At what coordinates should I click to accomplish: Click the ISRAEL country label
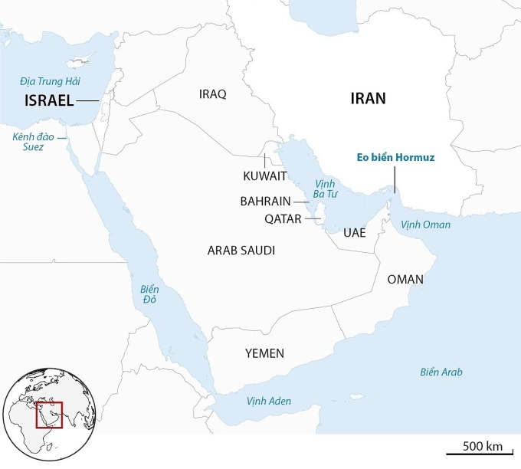pyautogui.click(x=49, y=100)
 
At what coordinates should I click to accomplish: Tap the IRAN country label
pyautogui.click(x=368, y=98)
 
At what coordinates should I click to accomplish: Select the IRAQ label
pyautogui.click(x=212, y=94)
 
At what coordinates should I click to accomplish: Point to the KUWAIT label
pyautogui.click(x=265, y=176)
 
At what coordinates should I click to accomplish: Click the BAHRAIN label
pyautogui.click(x=265, y=202)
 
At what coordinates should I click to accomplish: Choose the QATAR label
pyautogui.click(x=283, y=218)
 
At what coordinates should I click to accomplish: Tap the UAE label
pyautogui.click(x=355, y=232)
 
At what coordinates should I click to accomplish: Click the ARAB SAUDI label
pyautogui.click(x=241, y=251)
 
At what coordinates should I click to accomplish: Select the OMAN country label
pyautogui.click(x=405, y=279)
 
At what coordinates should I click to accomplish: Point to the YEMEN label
pyautogui.click(x=264, y=353)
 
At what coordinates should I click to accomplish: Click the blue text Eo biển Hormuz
pyautogui.click(x=396, y=158)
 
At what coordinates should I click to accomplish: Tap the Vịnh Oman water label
pyautogui.click(x=426, y=225)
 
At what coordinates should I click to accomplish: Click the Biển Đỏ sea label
pyautogui.click(x=149, y=296)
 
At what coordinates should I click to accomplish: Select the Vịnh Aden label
pyautogui.click(x=269, y=402)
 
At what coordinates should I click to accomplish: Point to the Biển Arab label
pyautogui.click(x=441, y=372)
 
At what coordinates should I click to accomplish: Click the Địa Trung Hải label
pyautogui.click(x=51, y=81)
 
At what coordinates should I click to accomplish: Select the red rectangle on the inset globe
pyautogui.click(x=49, y=415)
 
